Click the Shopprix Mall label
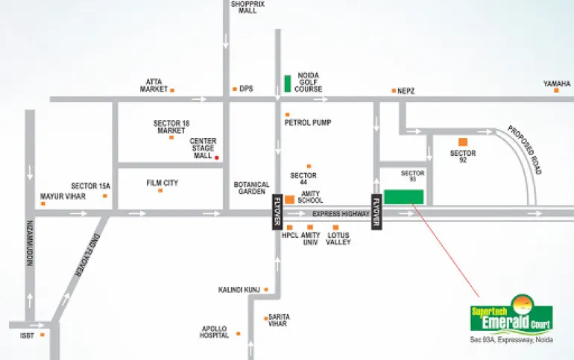coord(247,7)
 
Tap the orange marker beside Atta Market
coord(172,90)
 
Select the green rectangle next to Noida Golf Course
coord(288,83)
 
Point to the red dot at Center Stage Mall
coord(217,158)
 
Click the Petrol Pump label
coord(308,122)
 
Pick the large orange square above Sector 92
coord(463,142)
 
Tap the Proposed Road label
coord(524,150)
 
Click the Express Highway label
coord(341,214)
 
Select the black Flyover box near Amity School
coord(277,212)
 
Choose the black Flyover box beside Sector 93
coord(376,212)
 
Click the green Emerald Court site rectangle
coord(404,197)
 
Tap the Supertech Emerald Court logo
coord(511,315)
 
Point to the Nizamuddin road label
coord(30,243)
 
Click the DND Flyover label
coord(87,255)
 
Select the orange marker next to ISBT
coord(42,335)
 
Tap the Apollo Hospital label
coord(214,332)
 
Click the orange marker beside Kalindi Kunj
coord(266,290)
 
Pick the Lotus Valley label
coord(338,239)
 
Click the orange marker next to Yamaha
coord(556,90)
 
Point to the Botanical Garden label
coord(251,188)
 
